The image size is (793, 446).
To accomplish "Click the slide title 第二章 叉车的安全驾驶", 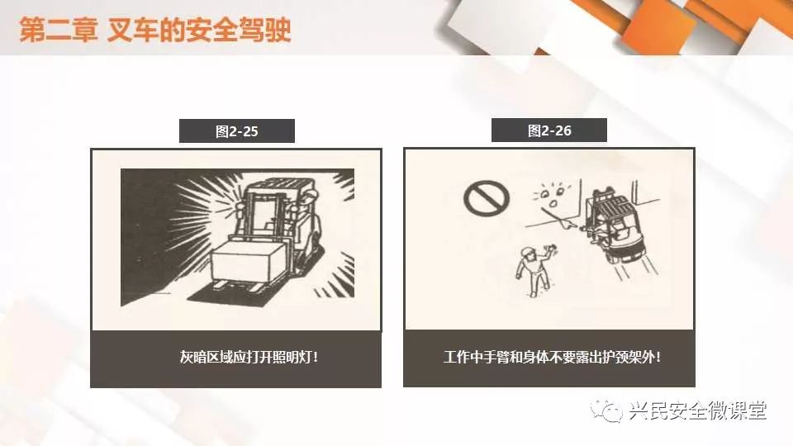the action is coord(155,30).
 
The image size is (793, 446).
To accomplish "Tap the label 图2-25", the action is coord(237,131).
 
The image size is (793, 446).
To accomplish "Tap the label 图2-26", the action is coord(549,131).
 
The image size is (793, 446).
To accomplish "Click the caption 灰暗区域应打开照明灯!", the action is coord(249,357).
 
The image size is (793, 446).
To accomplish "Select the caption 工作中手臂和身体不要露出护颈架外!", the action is coord(552,357).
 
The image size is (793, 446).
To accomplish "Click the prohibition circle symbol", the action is coord(487,199).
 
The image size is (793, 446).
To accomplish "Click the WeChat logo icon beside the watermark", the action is coord(605,410).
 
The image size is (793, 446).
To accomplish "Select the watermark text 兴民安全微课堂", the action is coord(698,410).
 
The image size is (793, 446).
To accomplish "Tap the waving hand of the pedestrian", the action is coord(551,249).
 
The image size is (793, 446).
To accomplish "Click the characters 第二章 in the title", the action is coord(58,30).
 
